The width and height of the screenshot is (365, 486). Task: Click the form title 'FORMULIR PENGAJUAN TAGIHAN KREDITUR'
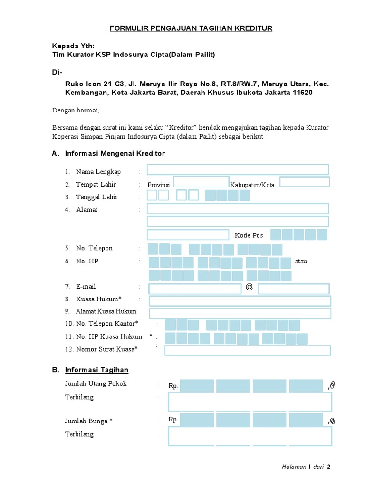coord(191,28)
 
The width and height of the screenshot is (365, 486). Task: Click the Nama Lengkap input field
coord(238,169)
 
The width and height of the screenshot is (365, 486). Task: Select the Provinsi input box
coord(201,182)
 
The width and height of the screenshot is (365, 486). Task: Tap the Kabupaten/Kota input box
coord(304,182)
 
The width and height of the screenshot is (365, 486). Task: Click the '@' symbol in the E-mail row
coord(249,287)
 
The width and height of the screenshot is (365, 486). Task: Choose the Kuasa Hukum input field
coord(240,300)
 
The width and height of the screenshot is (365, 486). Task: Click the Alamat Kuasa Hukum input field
coord(240,313)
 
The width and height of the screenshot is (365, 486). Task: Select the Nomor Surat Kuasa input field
coord(247,350)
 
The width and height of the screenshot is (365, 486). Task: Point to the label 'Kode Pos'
coord(249,235)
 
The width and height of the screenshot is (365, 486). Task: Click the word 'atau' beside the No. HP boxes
coord(301,261)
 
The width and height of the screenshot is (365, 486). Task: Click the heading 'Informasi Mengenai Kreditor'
coord(115,153)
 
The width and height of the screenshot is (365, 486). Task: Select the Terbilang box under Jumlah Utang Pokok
coord(250,402)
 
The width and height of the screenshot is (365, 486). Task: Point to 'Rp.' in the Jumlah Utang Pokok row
coord(173,386)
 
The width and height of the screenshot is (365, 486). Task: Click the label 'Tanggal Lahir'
coord(97,197)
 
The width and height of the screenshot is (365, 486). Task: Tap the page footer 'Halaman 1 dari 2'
coord(306,467)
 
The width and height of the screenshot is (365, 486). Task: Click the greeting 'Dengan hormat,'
coord(75,111)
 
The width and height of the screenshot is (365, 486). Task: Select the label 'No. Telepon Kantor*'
coord(102,324)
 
